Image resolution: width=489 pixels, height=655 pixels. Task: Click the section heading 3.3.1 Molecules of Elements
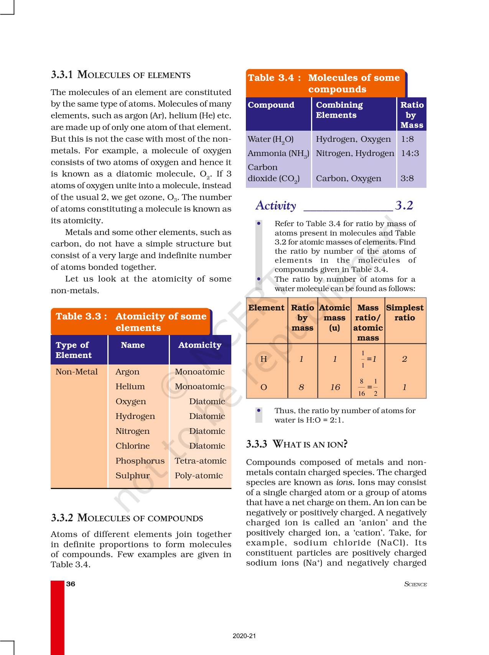pos(121,75)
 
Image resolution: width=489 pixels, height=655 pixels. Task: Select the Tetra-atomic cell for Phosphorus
pos(200,461)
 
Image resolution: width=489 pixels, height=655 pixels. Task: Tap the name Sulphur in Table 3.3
pos(132,476)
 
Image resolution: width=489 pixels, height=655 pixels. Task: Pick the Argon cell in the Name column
pos(127,372)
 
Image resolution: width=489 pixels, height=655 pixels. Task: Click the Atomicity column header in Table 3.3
pos(199,345)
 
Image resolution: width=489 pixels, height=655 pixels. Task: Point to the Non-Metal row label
pos(76,372)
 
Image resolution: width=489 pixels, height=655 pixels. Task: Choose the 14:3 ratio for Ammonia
pos(410,153)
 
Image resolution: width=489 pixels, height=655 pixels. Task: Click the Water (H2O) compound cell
pos(270,140)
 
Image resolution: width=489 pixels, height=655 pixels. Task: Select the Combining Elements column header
pos(339,110)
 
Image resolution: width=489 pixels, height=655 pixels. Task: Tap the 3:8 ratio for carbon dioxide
pos(407,178)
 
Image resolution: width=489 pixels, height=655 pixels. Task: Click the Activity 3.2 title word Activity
pos(276,206)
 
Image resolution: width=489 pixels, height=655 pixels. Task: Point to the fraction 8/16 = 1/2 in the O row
pos(368,387)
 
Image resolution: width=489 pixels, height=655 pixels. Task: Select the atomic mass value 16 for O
pos(335,387)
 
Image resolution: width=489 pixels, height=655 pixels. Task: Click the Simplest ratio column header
pos(405,313)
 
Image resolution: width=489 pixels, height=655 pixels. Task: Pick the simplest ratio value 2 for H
pos(404,359)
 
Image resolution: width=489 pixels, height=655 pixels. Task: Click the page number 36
pos(71,584)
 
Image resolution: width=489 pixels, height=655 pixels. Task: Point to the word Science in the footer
pos(415,584)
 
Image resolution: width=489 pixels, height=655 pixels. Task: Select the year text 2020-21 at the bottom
pos(244,636)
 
